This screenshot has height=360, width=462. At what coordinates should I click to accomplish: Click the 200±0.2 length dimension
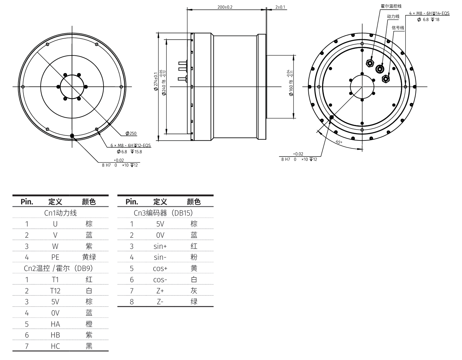[225, 7]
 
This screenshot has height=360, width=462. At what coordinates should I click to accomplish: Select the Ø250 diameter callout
[131, 134]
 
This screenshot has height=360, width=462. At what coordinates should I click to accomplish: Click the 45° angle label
[339, 142]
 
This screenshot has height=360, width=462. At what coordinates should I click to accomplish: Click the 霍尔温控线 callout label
[391, 6]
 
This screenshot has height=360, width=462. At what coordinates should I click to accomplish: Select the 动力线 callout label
[393, 16]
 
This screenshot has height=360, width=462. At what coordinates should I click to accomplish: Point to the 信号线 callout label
[398, 28]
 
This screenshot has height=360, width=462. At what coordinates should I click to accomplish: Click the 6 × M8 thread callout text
[131, 145]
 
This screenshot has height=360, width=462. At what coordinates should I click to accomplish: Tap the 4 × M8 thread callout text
[429, 13]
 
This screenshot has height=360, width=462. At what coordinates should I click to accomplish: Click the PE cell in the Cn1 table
[55, 257]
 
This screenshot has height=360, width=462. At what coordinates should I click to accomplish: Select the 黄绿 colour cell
[89, 257]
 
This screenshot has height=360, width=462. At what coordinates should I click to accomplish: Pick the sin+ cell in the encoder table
[160, 246]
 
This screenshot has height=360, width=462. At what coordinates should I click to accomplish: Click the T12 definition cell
[55, 290]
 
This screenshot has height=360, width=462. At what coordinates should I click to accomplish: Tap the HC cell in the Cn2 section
[55, 346]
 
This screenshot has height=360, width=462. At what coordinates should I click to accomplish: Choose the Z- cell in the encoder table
[160, 301]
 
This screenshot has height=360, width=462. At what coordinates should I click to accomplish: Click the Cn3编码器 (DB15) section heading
[163, 213]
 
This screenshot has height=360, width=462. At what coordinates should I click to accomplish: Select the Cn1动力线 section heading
[60, 213]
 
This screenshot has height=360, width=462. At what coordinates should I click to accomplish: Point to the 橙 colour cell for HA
[89, 324]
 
